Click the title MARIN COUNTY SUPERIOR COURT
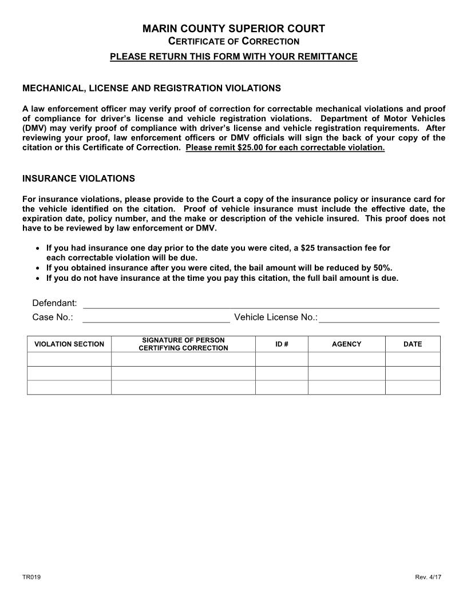(x=233, y=29)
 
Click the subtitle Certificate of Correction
(x=233, y=41)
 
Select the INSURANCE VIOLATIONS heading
(x=78, y=178)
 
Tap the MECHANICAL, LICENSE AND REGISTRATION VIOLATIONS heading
(x=151, y=88)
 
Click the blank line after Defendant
(x=261, y=303)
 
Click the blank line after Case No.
(x=156, y=317)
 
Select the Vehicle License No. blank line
(x=379, y=317)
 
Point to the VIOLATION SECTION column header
(x=69, y=344)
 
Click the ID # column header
(x=282, y=344)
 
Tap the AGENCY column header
(x=347, y=344)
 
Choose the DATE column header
(x=413, y=344)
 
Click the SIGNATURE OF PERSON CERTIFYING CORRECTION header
(x=183, y=344)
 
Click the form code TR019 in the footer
(x=31, y=577)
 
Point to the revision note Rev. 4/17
(x=428, y=577)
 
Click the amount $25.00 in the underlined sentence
(x=251, y=148)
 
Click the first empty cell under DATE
(x=413, y=359)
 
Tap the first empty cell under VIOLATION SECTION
(x=69, y=359)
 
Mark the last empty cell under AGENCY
(x=347, y=387)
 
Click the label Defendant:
(x=54, y=303)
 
